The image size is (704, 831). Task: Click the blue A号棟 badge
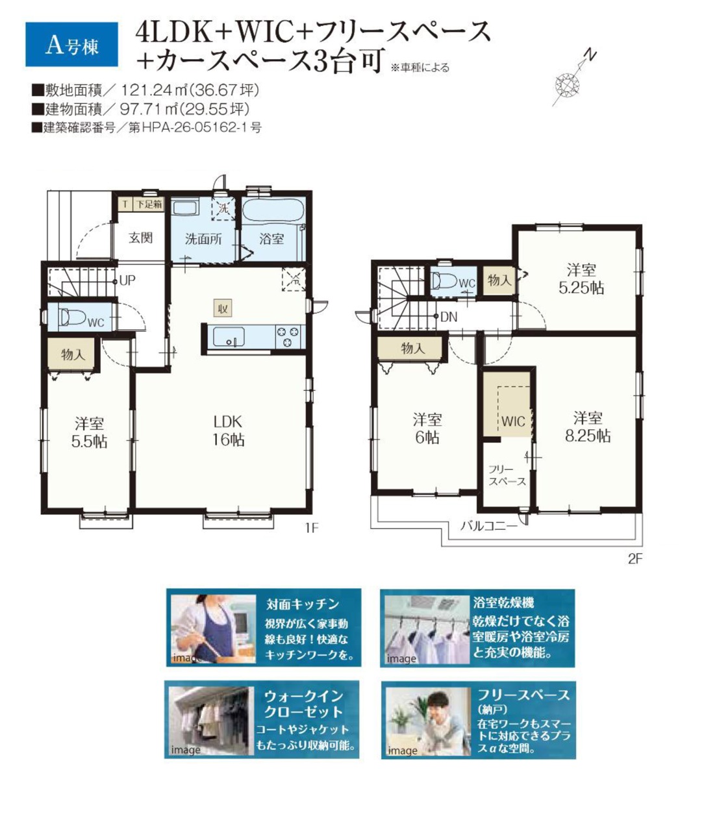71,44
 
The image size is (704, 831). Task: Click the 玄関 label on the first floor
141,238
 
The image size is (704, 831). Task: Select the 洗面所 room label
203,239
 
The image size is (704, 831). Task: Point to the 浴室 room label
271,239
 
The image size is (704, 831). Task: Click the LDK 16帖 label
228,430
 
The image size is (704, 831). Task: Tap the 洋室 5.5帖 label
89,432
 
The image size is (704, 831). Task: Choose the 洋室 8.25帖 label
588,427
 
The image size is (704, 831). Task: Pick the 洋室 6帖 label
427,428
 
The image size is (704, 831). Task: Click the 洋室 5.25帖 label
581,279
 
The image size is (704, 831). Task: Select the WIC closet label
513,421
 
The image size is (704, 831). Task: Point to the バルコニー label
489,526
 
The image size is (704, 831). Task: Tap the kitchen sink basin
228,336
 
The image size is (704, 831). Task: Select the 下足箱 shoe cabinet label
149,205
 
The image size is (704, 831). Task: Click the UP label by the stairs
127,280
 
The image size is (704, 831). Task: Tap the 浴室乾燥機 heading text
503,602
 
